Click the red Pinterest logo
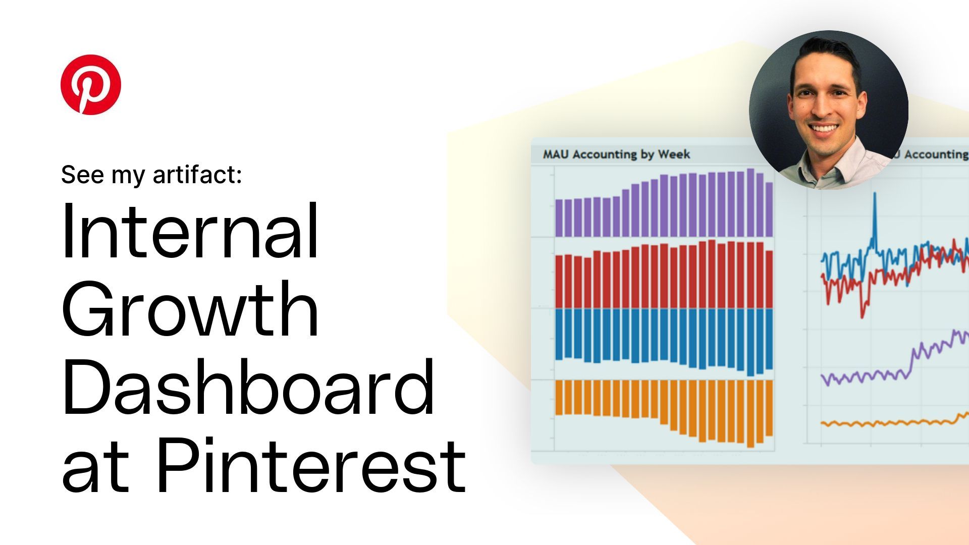point(91,84)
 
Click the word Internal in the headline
point(190,231)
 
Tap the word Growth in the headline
point(190,309)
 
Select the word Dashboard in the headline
point(247,387)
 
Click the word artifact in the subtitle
point(197,175)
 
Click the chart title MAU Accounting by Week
point(616,154)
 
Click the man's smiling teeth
point(824,128)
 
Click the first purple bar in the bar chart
point(559,218)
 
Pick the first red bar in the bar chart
point(559,282)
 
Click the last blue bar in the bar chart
point(769,339)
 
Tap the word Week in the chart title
point(674,154)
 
